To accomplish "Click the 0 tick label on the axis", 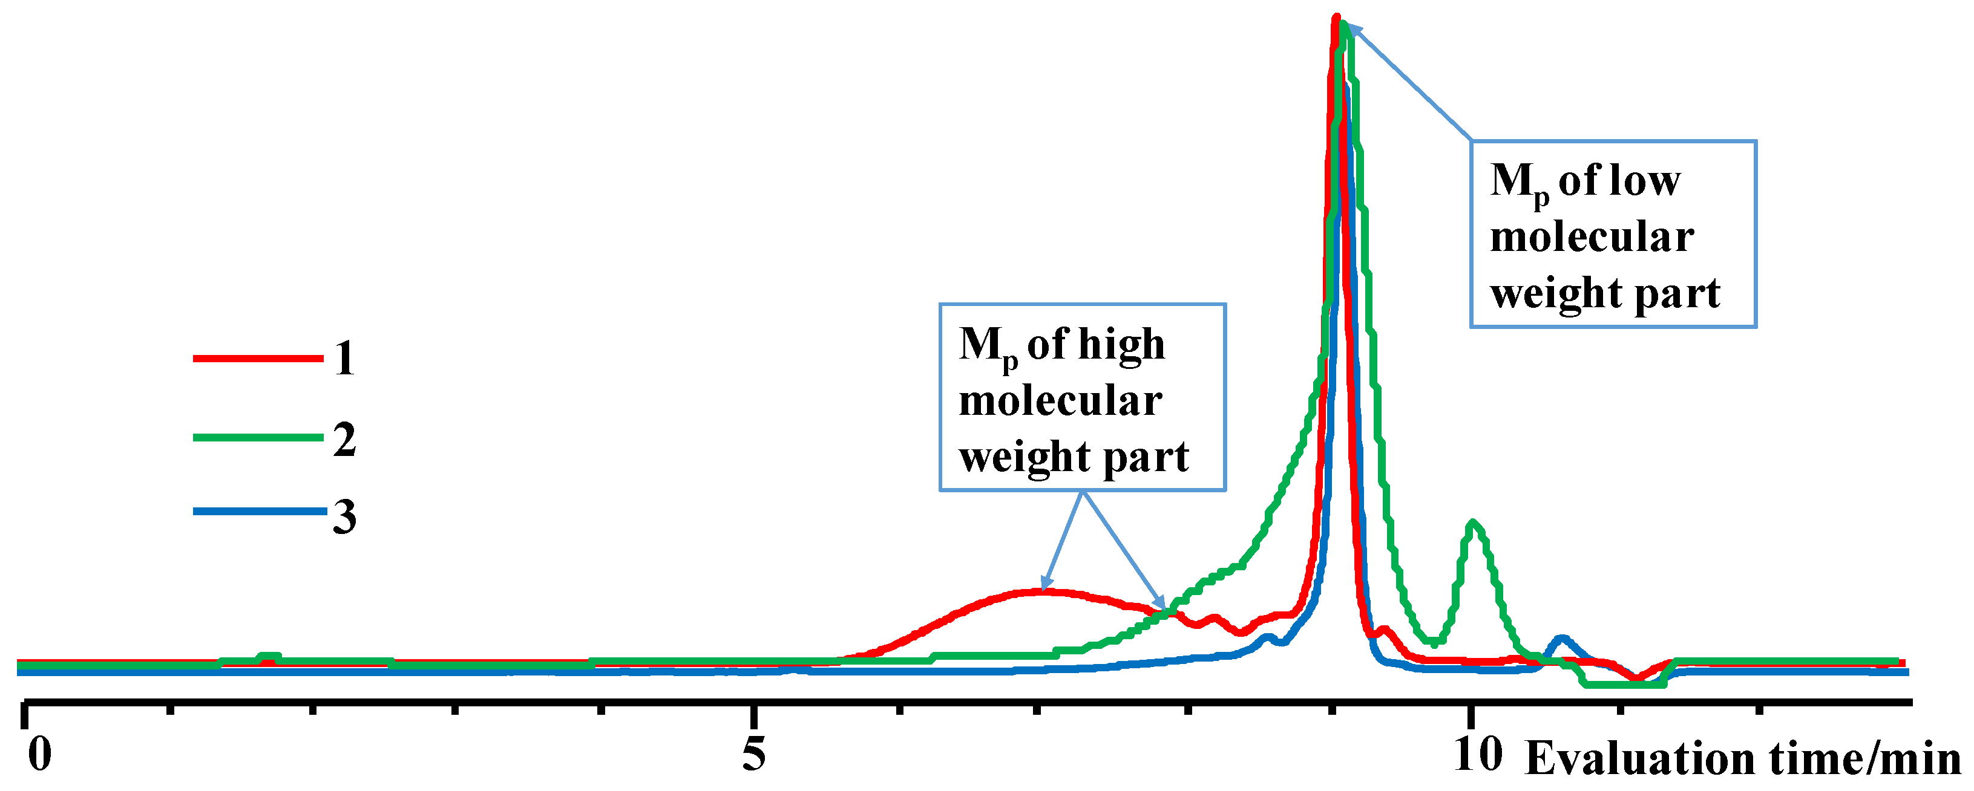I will [x=39, y=754].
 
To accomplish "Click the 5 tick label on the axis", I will [x=753, y=754].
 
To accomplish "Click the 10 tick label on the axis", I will [x=1477, y=754].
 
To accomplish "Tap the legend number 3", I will [x=344, y=517].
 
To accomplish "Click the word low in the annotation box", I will [x=1648, y=181].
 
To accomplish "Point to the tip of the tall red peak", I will [x=1336, y=17].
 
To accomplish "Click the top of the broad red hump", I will [x=1042, y=590].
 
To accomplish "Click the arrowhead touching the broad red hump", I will [x=1045, y=586].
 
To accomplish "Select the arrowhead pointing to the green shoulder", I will [x=1161, y=604].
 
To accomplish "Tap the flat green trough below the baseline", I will [x=1625, y=685].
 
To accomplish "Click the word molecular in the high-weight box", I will [x=1060, y=401].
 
